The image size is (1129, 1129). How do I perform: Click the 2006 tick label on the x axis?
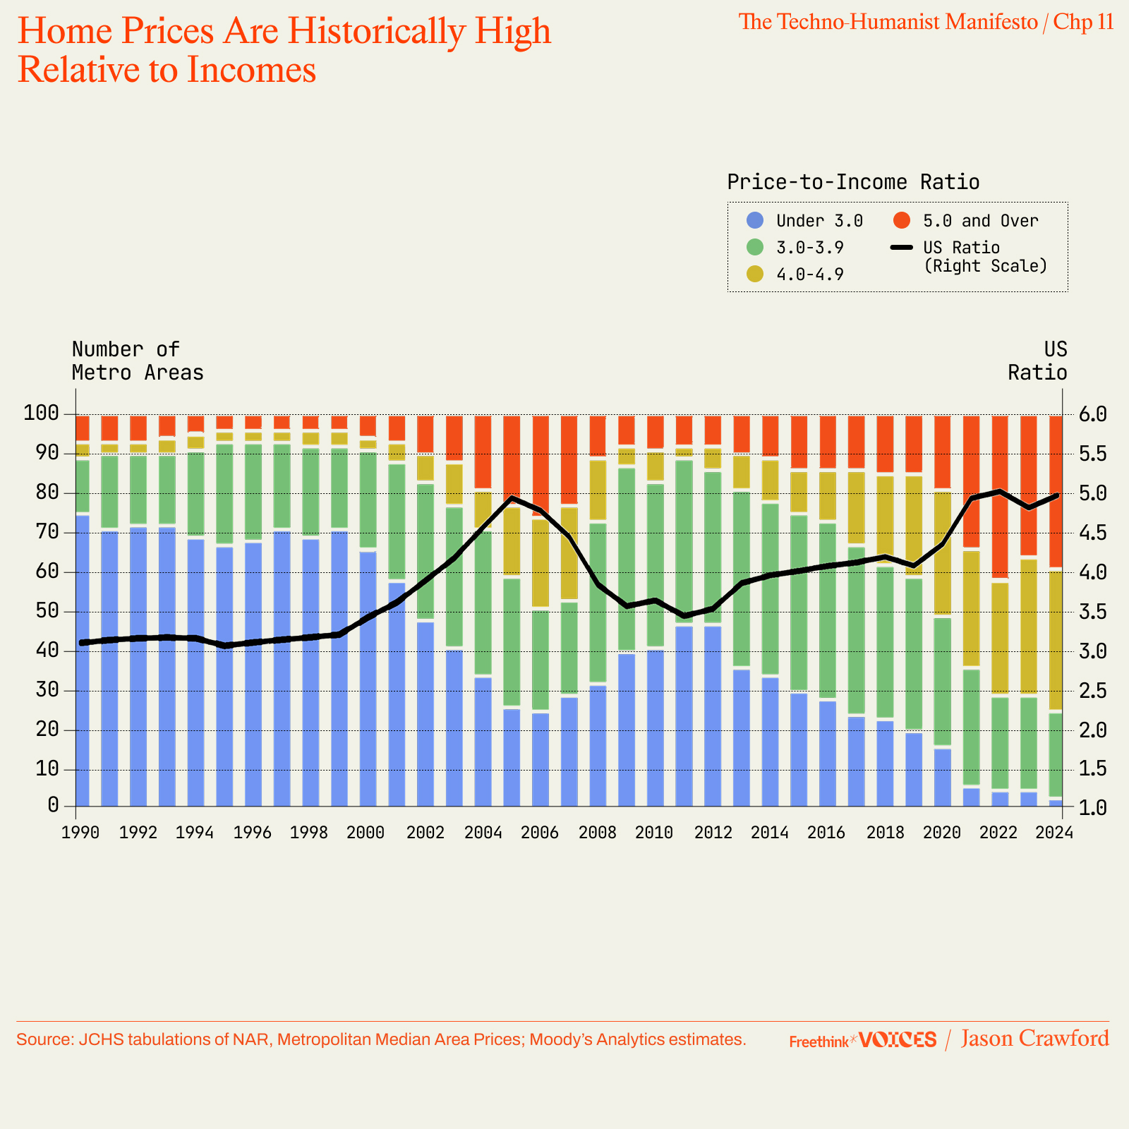(541, 833)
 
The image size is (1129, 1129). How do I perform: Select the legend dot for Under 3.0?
(755, 221)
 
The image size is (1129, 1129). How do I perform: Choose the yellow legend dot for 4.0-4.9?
(755, 274)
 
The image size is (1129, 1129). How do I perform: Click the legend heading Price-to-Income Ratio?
(853, 182)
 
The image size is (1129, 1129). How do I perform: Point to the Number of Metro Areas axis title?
(138, 361)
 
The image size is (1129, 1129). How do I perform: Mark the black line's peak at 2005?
(512, 497)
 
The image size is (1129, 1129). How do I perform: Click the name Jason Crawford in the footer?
(1034, 1039)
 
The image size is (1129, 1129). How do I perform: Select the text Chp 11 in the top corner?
(1083, 22)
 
